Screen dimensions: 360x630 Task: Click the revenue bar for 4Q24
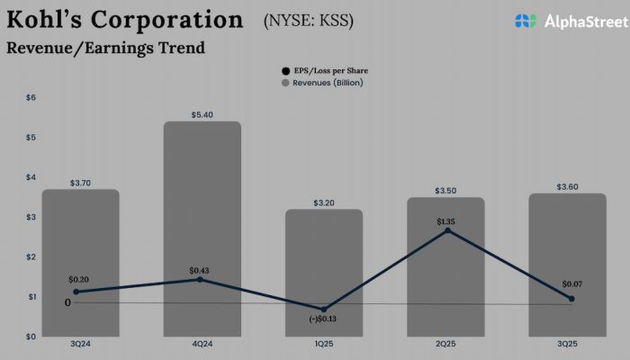coord(202,225)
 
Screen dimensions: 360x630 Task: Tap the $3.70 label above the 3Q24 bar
coord(80,183)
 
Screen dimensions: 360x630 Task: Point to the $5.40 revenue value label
coord(202,115)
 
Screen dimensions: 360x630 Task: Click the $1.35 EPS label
coord(446,221)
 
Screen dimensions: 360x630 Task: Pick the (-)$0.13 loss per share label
coord(324,319)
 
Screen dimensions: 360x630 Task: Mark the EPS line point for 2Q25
coord(446,230)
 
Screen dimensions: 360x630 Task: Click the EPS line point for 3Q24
coord(76,292)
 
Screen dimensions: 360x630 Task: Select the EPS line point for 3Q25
coord(571,299)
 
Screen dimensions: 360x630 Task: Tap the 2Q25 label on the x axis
coord(446,343)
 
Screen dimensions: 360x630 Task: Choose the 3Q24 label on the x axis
coord(80,343)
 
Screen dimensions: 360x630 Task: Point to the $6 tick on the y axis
coord(31,97)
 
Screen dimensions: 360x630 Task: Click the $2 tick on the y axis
coord(31,256)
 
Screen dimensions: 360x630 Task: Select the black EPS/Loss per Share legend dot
coord(285,70)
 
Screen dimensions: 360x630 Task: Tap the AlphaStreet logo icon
coord(526,21)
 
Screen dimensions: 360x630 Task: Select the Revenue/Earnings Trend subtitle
coord(105,48)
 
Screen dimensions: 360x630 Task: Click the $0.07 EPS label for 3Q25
coord(571,284)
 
